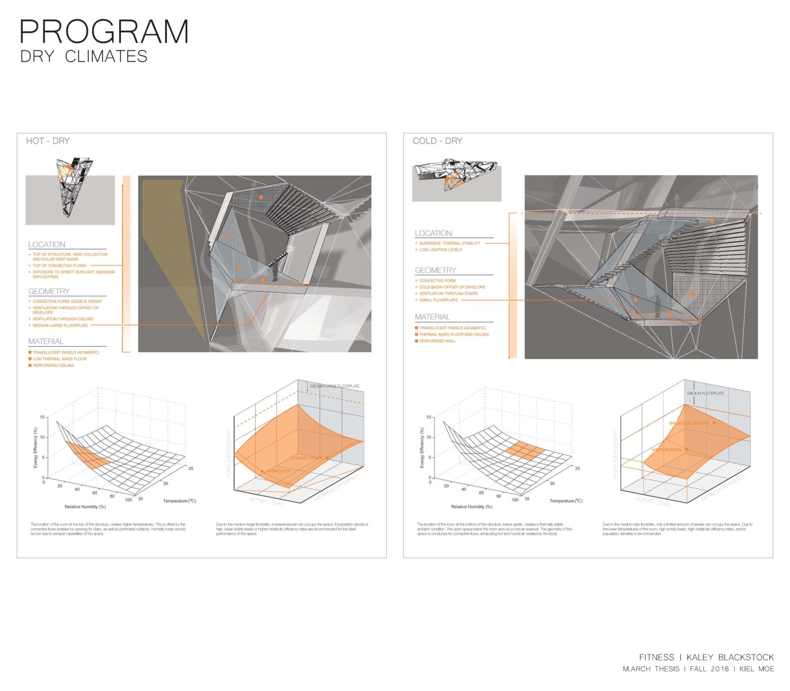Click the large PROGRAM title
click(104, 32)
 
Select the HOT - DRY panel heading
click(48, 141)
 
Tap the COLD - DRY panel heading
click(437, 141)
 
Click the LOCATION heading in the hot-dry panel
click(46, 245)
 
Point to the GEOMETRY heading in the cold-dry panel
click(435, 270)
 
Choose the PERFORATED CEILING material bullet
click(53, 366)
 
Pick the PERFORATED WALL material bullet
click(437, 341)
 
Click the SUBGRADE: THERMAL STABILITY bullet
click(449, 243)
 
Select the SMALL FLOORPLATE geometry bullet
click(438, 300)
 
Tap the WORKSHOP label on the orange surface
click(278, 471)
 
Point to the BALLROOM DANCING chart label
click(689, 423)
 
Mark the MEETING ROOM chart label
click(667, 450)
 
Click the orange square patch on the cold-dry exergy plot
click(525, 451)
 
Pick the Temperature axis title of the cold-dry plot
click(566, 501)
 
